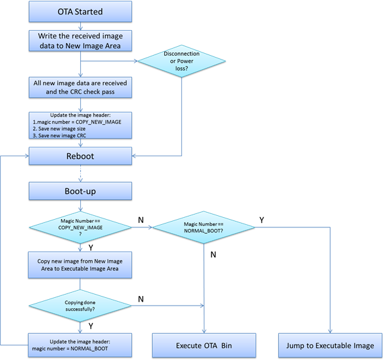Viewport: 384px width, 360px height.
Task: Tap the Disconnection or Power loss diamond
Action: [183, 62]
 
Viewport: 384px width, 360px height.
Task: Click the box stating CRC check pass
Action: [80, 88]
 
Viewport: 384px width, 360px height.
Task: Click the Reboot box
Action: [80, 156]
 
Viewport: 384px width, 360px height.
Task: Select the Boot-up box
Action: [80, 190]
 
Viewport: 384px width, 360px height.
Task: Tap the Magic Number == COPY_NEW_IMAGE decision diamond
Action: [80, 227]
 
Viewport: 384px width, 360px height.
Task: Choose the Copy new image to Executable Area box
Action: [80, 265]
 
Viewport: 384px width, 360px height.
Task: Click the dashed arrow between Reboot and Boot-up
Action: [80, 173]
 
